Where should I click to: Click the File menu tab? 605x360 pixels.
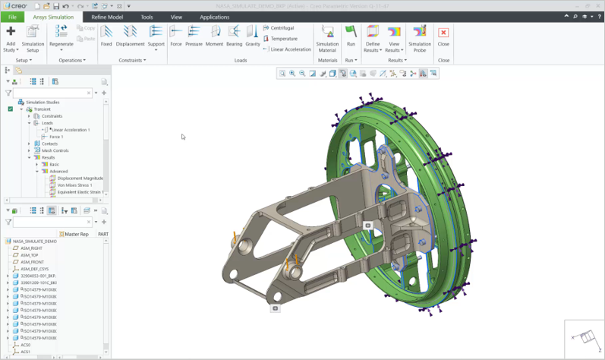coord(12,17)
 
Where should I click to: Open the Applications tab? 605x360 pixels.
coord(214,17)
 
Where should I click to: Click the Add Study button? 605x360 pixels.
coord(11,37)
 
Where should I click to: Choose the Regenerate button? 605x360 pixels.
coord(61,36)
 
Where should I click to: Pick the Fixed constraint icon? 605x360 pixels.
coord(106,36)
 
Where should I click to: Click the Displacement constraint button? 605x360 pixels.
coord(130,36)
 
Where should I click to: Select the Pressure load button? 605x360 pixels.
coord(194,36)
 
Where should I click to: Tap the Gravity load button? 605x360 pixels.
coord(252,36)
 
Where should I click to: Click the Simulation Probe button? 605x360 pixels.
coord(420,37)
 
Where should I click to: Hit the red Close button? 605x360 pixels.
coord(443,36)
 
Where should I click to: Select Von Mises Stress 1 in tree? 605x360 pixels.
coord(74,185)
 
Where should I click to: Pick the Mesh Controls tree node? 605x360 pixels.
coord(55,150)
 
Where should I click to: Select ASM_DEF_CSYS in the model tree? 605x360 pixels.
coord(39,269)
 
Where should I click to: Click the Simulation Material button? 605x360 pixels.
coord(327,37)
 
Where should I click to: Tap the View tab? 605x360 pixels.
coord(176,17)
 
